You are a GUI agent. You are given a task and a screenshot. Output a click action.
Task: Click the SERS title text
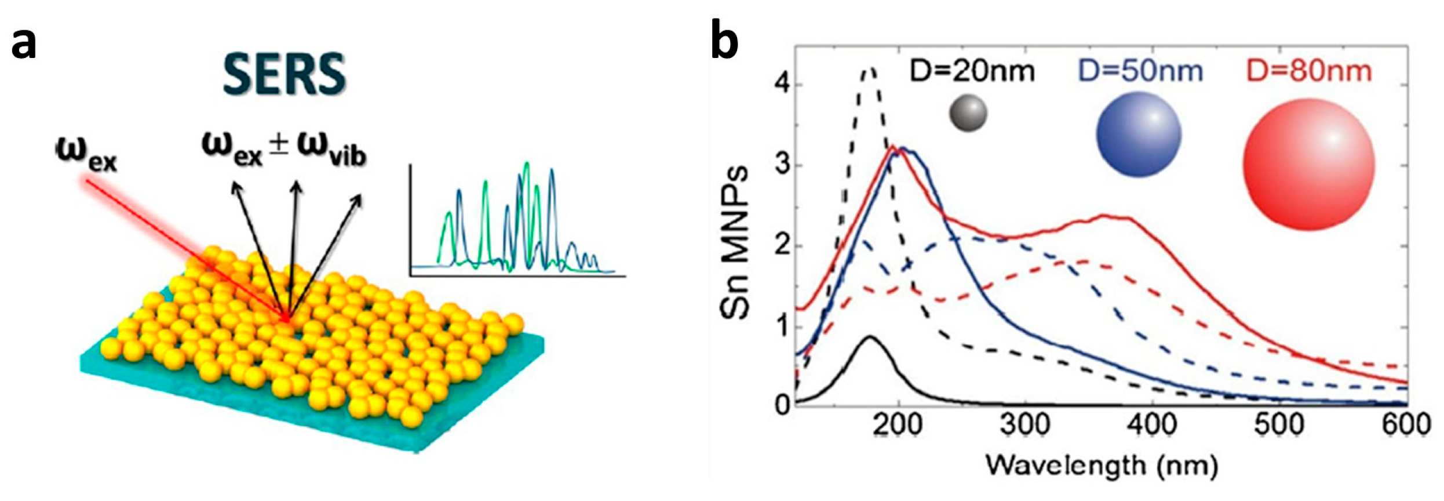click(x=284, y=74)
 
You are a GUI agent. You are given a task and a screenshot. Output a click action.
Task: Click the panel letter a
click(x=24, y=43)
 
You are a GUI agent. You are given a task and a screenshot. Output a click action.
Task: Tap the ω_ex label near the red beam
click(x=87, y=155)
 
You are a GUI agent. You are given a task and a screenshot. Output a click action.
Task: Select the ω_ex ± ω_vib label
click(x=284, y=149)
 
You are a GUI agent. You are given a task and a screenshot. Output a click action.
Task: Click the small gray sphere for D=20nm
click(x=968, y=113)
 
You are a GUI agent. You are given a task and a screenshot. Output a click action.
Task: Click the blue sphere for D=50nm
click(x=1138, y=134)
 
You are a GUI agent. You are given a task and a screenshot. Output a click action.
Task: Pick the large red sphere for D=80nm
click(x=1308, y=164)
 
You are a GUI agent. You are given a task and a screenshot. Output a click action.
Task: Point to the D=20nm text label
click(x=972, y=71)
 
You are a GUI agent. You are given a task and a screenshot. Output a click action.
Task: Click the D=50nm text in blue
click(x=1140, y=71)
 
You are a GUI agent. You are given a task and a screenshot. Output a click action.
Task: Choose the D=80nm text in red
click(x=1309, y=71)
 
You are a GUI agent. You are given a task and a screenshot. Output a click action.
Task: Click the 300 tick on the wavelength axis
click(x=1025, y=425)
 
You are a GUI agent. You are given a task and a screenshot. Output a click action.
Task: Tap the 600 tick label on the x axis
click(x=1406, y=425)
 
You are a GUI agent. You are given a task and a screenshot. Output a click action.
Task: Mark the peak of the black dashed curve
click(x=869, y=69)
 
